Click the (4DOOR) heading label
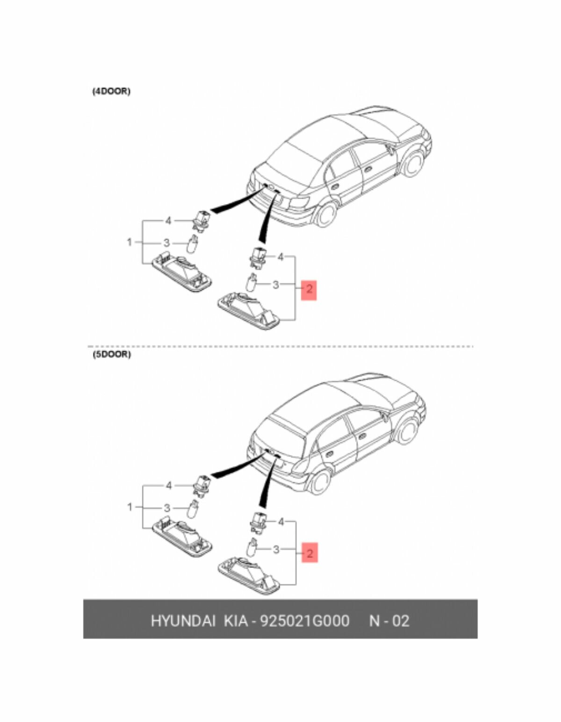pyautogui.click(x=111, y=92)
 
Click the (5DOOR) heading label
pyautogui.click(x=111, y=354)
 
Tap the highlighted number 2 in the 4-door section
pyautogui.click(x=309, y=290)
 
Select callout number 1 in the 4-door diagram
pyautogui.click(x=129, y=242)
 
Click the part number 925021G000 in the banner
pyautogui.click(x=304, y=621)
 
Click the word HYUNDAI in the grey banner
pyautogui.click(x=183, y=621)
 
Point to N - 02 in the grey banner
pyautogui.click(x=389, y=621)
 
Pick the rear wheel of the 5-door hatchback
pyautogui.click(x=320, y=479)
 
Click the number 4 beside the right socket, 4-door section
pyautogui.click(x=280, y=257)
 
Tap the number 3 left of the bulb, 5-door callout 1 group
pyautogui.click(x=166, y=508)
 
